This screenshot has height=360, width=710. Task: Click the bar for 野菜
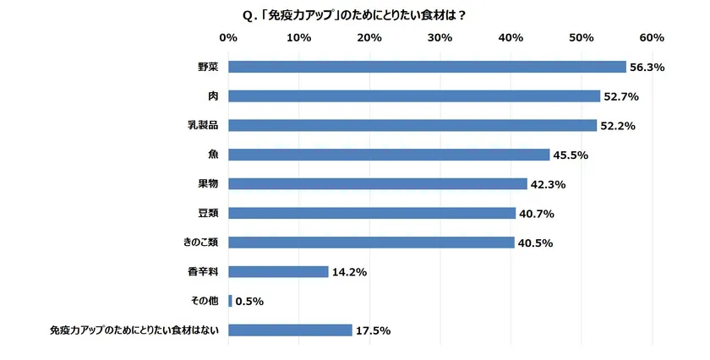click(427, 67)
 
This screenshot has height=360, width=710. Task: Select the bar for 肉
click(414, 96)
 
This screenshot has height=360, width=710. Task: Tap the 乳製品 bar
click(412, 125)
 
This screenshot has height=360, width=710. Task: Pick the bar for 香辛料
click(278, 271)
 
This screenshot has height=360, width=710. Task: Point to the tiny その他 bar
click(230, 301)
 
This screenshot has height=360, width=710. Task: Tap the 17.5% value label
click(373, 330)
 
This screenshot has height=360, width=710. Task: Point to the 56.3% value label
click(647, 68)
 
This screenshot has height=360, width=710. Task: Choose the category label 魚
click(213, 155)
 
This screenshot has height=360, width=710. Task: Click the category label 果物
click(208, 183)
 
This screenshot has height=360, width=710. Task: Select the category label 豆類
click(208, 213)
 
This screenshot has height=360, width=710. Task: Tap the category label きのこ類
click(201, 243)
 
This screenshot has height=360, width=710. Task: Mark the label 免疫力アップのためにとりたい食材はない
click(135, 330)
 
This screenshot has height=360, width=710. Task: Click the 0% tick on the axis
click(228, 38)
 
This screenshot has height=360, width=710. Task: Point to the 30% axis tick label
click(440, 38)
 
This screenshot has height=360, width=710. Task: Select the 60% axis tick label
click(652, 38)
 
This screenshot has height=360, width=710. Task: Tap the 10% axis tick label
click(298, 38)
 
